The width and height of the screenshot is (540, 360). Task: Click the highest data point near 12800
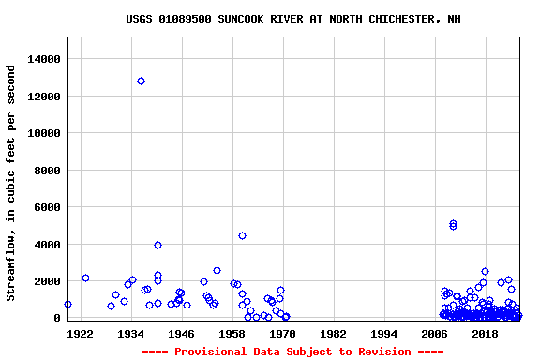click(x=141, y=81)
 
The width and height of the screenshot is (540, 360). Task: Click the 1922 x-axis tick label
click(x=81, y=333)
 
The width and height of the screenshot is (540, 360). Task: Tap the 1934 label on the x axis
click(x=131, y=333)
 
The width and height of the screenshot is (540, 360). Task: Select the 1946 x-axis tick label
click(x=182, y=333)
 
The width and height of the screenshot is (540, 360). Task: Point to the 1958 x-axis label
click(x=232, y=333)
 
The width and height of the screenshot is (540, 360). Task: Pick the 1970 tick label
click(x=283, y=333)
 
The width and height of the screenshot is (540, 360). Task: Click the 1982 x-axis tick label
click(x=334, y=333)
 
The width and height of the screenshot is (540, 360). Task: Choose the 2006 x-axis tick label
click(x=435, y=333)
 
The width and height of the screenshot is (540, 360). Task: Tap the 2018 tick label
click(x=486, y=333)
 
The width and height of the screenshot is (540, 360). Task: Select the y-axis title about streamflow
click(x=11, y=183)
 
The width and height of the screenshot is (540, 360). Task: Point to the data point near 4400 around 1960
click(x=242, y=235)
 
